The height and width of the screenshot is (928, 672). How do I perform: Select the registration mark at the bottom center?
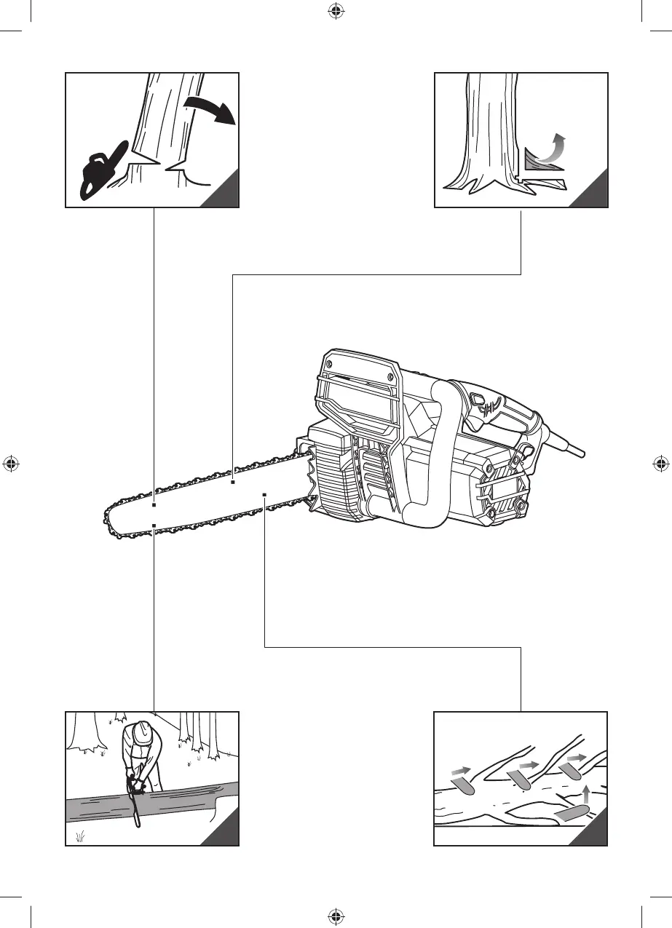click(x=336, y=917)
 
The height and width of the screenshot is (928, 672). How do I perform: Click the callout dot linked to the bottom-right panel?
click(x=264, y=494)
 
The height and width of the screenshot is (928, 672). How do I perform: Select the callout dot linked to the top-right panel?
click(x=233, y=482)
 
